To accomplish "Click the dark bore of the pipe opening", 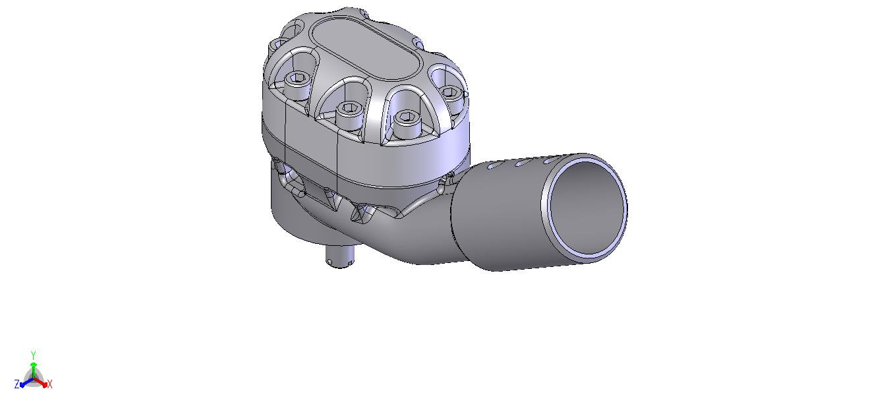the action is tap(586, 208).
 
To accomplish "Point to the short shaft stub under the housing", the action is tap(340, 256).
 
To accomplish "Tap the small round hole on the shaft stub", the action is tap(330, 262).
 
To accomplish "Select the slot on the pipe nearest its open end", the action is tap(550, 160).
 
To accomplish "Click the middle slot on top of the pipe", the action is tap(523, 162).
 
